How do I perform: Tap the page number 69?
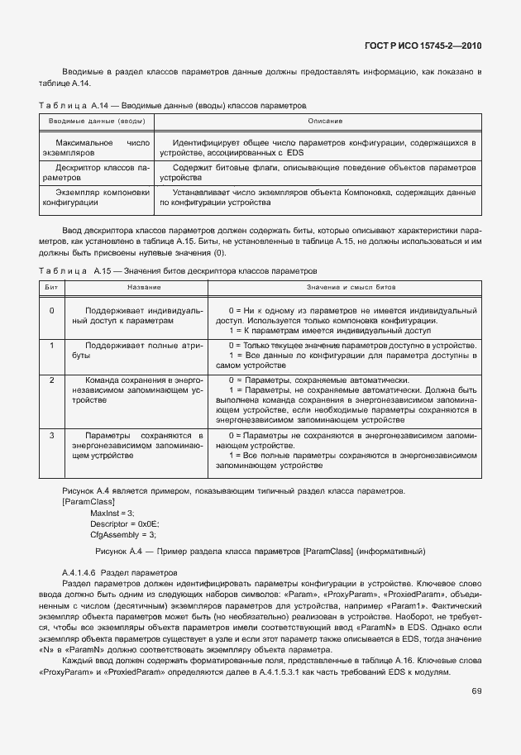[x=476, y=691]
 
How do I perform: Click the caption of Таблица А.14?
[x=173, y=107]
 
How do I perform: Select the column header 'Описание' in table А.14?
[x=325, y=122]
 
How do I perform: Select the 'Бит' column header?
[x=51, y=287]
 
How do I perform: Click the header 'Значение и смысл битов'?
[x=345, y=287]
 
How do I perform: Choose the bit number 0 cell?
[x=51, y=310]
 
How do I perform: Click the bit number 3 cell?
[x=51, y=435]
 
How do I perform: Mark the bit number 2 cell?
[x=51, y=380]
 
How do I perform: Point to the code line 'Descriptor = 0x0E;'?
[x=125, y=524]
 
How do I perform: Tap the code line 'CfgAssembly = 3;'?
[x=122, y=535]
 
